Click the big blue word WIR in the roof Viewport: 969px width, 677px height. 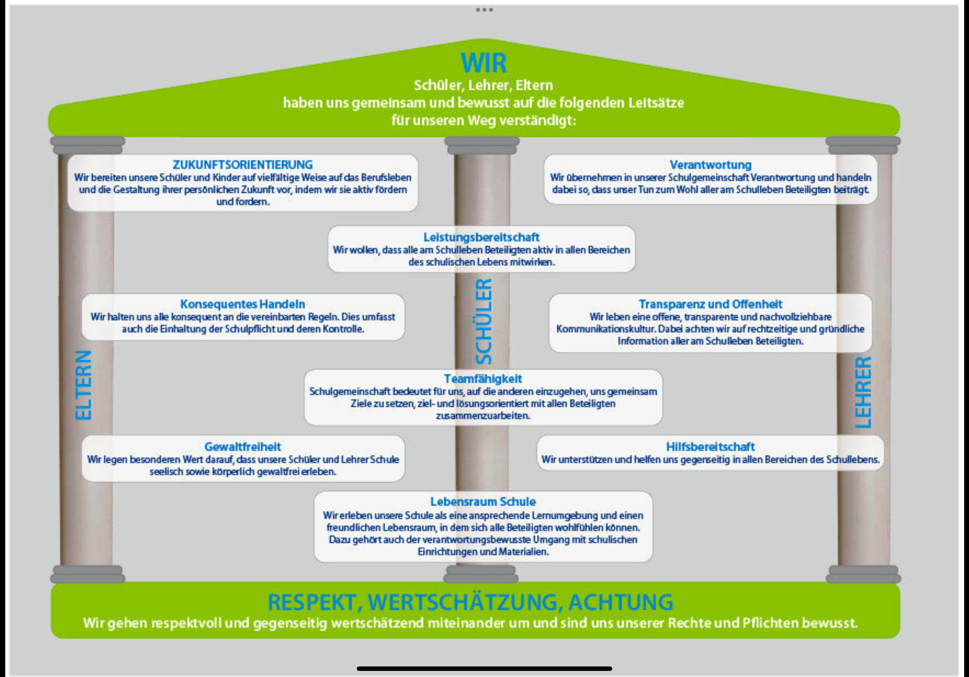tap(483, 63)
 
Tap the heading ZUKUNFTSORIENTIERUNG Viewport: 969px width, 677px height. tap(243, 165)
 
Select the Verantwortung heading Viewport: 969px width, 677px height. tap(710, 165)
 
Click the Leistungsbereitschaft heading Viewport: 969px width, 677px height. tap(482, 237)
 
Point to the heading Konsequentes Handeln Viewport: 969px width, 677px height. tap(243, 304)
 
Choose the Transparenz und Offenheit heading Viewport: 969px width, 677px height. tap(710, 304)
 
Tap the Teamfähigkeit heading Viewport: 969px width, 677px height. tap(483, 379)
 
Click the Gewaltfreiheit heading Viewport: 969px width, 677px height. tap(243, 446)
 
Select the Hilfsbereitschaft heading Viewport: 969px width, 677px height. tap(710, 446)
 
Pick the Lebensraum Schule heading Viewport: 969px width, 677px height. tap(483, 501)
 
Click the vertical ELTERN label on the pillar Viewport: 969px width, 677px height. tap(83, 385)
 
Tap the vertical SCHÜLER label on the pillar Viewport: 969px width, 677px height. tap(484, 321)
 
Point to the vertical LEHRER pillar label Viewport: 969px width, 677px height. tap(863, 392)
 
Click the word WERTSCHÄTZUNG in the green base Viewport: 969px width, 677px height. tap(464, 602)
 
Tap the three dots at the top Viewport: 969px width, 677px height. tap(484, 10)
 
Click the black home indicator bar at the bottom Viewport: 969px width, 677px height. tap(484, 668)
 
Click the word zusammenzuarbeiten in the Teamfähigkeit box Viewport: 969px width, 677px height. tap(483, 416)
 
